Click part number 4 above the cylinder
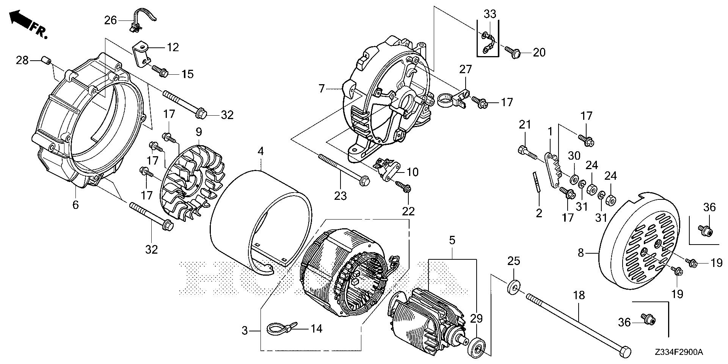[260, 151]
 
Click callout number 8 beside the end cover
[581, 253]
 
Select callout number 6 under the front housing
[75, 205]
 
